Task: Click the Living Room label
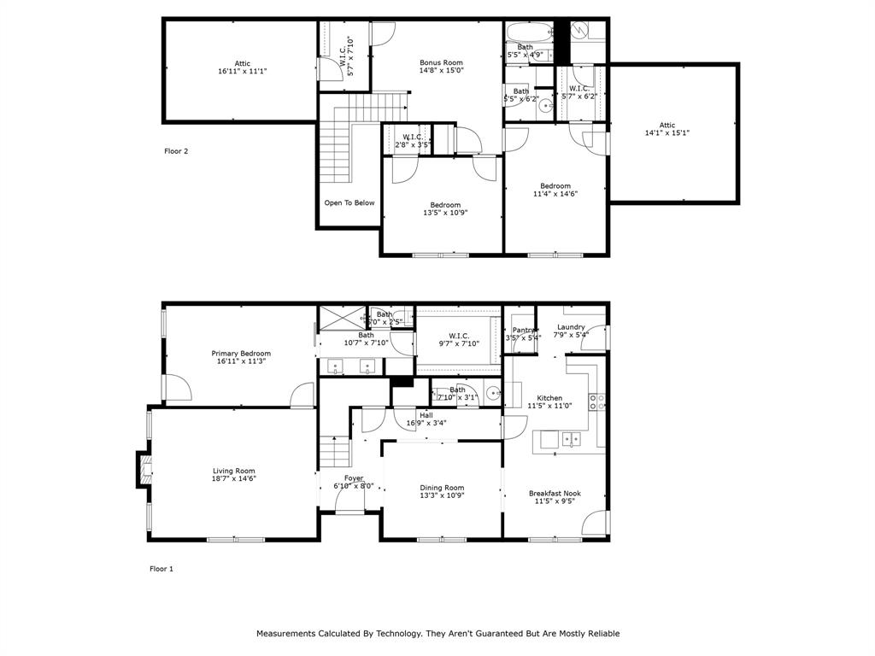coord(233,471)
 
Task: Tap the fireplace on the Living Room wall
coord(143,469)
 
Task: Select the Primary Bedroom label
coord(241,354)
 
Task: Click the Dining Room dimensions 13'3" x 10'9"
coord(442,496)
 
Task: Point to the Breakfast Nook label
coord(555,493)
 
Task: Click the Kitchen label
coord(549,398)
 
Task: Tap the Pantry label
coord(523,330)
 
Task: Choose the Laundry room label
coord(571,327)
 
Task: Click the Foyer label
coord(354,478)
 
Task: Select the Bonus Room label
coord(441,63)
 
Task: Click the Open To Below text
coord(349,203)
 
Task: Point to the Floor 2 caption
coord(176,151)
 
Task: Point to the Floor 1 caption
coord(161,569)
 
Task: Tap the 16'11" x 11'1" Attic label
coord(243,63)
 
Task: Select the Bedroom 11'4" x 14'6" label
coord(555,186)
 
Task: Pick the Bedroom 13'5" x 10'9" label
coord(445,205)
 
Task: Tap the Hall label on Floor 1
coord(426,415)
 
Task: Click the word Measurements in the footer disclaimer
coord(285,634)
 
